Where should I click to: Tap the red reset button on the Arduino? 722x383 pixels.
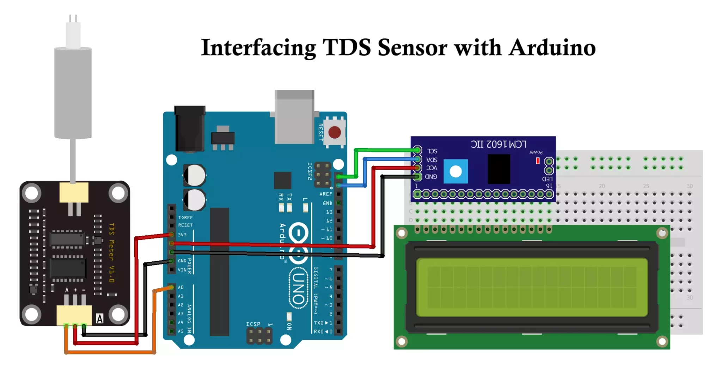point(334,133)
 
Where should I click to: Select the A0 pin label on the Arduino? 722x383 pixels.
point(181,287)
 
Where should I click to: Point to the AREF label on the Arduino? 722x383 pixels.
point(326,194)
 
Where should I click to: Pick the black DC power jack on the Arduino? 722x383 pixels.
point(190,129)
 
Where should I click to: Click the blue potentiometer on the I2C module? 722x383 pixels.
point(455,171)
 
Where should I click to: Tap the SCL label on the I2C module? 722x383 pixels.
point(432,151)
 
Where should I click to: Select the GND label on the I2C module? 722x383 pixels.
point(431,176)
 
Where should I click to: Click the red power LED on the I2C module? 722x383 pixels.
point(538,161)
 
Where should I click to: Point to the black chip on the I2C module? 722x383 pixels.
point(498,169)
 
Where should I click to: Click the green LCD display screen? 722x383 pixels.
point(532,287)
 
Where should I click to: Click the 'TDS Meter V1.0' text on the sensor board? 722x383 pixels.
point(111,253)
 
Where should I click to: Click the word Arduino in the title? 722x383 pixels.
point(552,48)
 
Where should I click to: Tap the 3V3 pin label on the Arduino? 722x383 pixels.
point(182,235)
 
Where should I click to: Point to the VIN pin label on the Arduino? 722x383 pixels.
point(182,270)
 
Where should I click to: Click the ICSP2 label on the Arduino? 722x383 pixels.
point(310,171)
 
